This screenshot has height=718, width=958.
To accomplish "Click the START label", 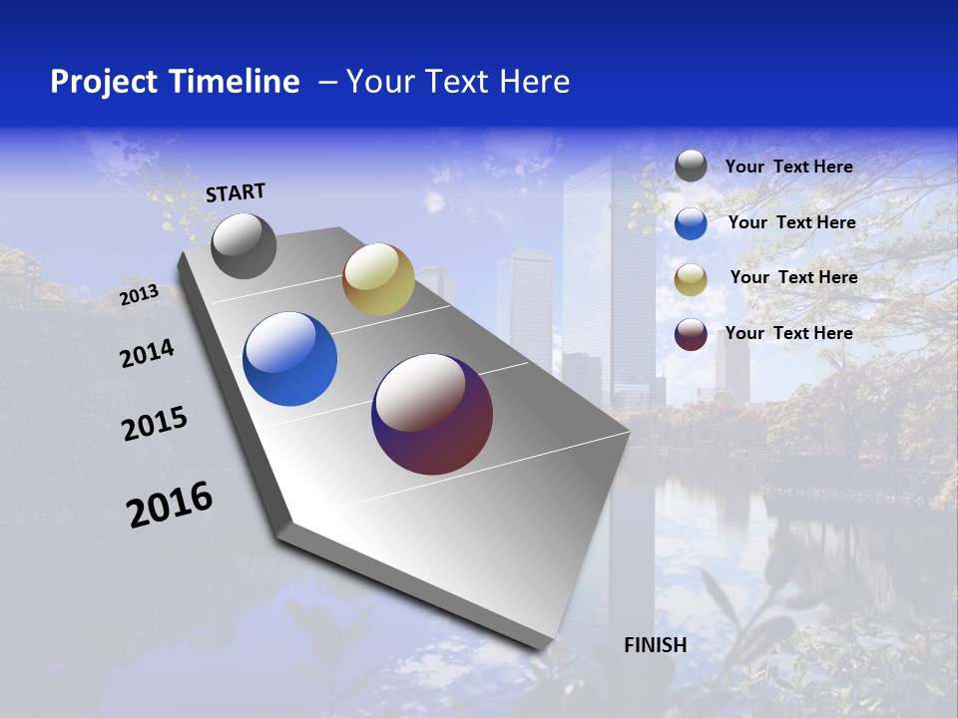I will (x=236, y=192).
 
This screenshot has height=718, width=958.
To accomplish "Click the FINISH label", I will (x=655, y=645).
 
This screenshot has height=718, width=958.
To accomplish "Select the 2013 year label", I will (x=139, y=294).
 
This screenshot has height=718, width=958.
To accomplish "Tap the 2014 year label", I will (x=147, y=353).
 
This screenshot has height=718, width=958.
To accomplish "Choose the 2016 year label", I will (x=170, y=505).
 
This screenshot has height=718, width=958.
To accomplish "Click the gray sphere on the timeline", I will (x=243, y=245).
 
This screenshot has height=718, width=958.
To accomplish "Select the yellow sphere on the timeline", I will (x=378, y=279).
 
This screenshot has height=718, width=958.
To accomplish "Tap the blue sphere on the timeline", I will (x=290, y=359).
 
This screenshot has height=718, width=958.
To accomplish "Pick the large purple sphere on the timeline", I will (x=432, y=414).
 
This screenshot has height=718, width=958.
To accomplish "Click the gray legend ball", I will (x=691, y=167).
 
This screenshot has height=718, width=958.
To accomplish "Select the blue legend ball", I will (x=691, y=223).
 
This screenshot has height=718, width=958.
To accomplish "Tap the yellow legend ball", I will (x=691, y=278).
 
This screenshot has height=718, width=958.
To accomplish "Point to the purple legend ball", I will (x=691, y=334).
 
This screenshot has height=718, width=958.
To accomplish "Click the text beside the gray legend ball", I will (x=788, y=167).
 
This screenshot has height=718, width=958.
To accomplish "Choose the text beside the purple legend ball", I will (x=788, y=333).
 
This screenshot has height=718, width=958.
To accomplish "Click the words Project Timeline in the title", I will (x=175, y=82).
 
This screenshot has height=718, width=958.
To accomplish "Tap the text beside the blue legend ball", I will (x=791, y=222).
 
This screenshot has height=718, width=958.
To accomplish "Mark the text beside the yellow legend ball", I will (x=793, y=277).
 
